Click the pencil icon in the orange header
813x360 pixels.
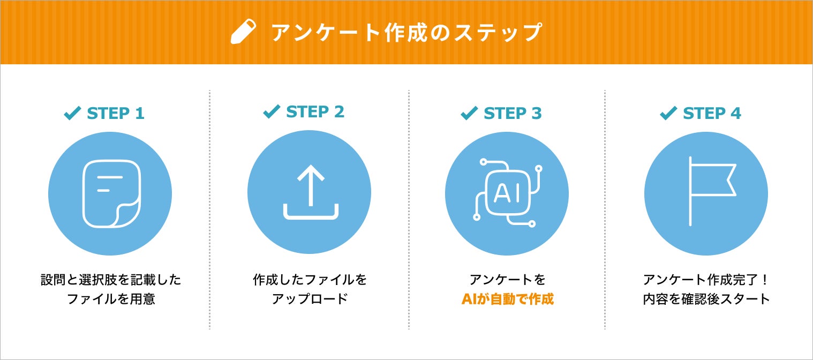click(244, 32)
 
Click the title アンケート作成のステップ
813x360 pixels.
click(406, 33)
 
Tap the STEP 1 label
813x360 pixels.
click(116, 114)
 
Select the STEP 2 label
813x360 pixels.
click(315, 111)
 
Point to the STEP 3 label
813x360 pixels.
click(513, 114)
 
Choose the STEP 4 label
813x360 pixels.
click(712, 114)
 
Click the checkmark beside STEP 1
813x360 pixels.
click(72, 113)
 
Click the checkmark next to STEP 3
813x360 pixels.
click(469, 113)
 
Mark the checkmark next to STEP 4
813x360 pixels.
click(668, 113)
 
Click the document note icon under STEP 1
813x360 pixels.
click(111, 193)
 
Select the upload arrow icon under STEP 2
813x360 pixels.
click(310, 193)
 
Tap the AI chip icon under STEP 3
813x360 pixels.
click(507, 193)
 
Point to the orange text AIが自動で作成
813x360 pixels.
click(507, 299)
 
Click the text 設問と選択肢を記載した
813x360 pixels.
click(111, 280)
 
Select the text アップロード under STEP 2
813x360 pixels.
click(310, 299)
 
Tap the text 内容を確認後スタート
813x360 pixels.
click(706, 299)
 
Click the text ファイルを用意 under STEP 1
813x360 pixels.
click(111, 299)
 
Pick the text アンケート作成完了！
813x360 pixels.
click(706, 280)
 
